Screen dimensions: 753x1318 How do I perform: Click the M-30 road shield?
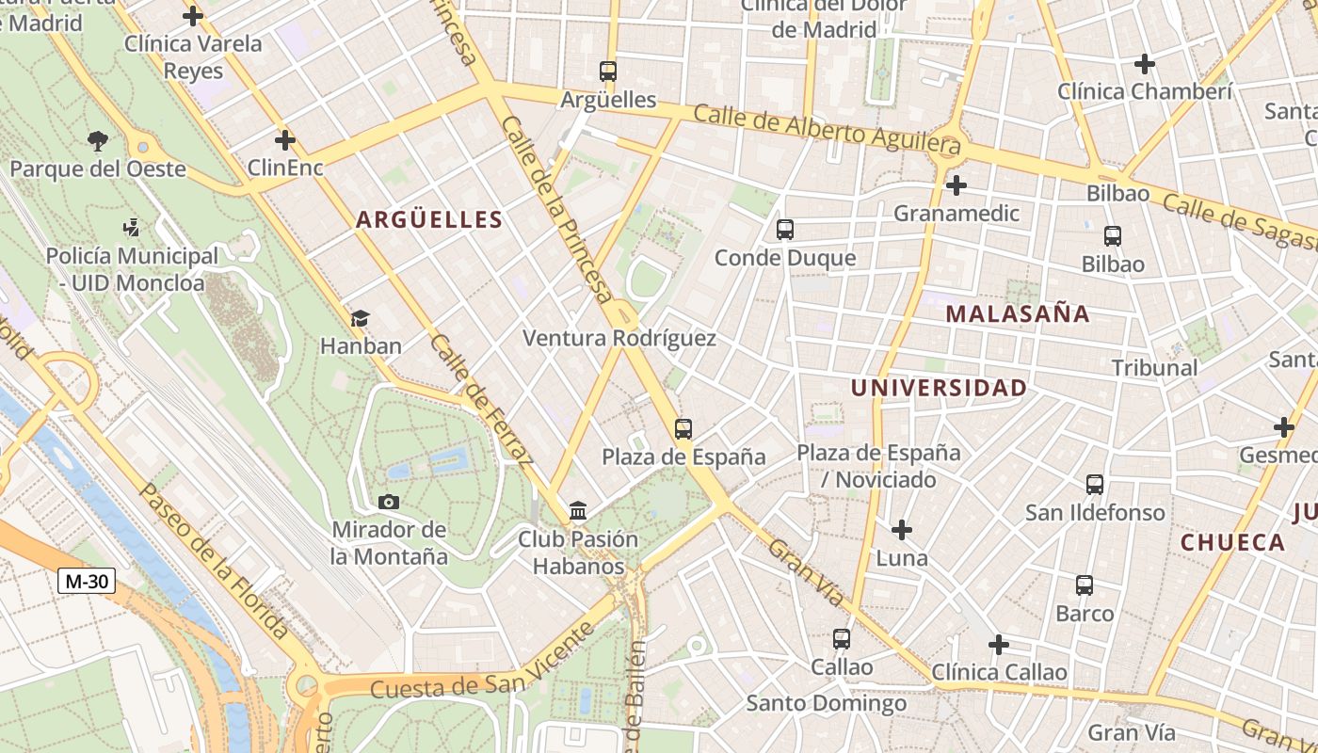tap(87, 581)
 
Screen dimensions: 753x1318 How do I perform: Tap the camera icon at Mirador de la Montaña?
tap(389, 502)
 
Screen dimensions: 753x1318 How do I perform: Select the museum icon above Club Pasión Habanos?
tap(578, 511)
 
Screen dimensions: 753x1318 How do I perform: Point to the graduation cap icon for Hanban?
tap(360, 318)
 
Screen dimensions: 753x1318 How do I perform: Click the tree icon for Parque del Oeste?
tap(97, 141)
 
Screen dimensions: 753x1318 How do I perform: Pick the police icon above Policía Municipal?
tap(132, 227)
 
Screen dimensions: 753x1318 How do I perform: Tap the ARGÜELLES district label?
tap(428, 220)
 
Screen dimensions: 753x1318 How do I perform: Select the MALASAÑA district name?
tap(1018, 314)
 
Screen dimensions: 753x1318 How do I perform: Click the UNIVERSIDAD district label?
tap(939, 388)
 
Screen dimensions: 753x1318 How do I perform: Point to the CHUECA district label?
tap(1232, 542)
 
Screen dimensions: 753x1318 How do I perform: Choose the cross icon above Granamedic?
tap(956, 185)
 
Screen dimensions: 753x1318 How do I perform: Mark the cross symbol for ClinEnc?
tap(284, 141)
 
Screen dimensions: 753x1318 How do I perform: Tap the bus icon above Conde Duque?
tap(784, 230)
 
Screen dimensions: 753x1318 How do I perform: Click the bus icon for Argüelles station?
tap(608, 71)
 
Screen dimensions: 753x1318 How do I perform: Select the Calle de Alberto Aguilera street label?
tap(828, 129)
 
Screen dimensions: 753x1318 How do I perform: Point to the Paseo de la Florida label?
tap(214, 562)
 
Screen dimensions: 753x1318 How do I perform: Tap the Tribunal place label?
tap(1154, 368)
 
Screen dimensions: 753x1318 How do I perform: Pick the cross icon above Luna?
tap(901, 530)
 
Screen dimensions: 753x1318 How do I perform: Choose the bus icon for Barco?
tap(1085, 585)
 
